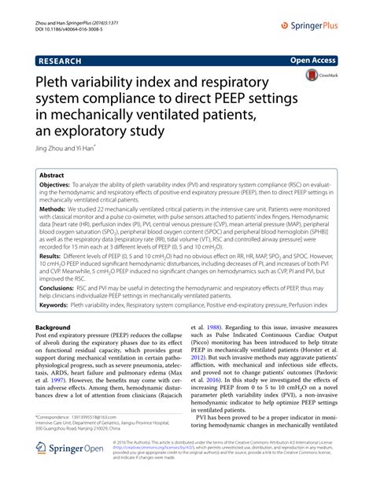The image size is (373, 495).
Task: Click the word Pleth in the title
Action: click(x=54, y=82)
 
